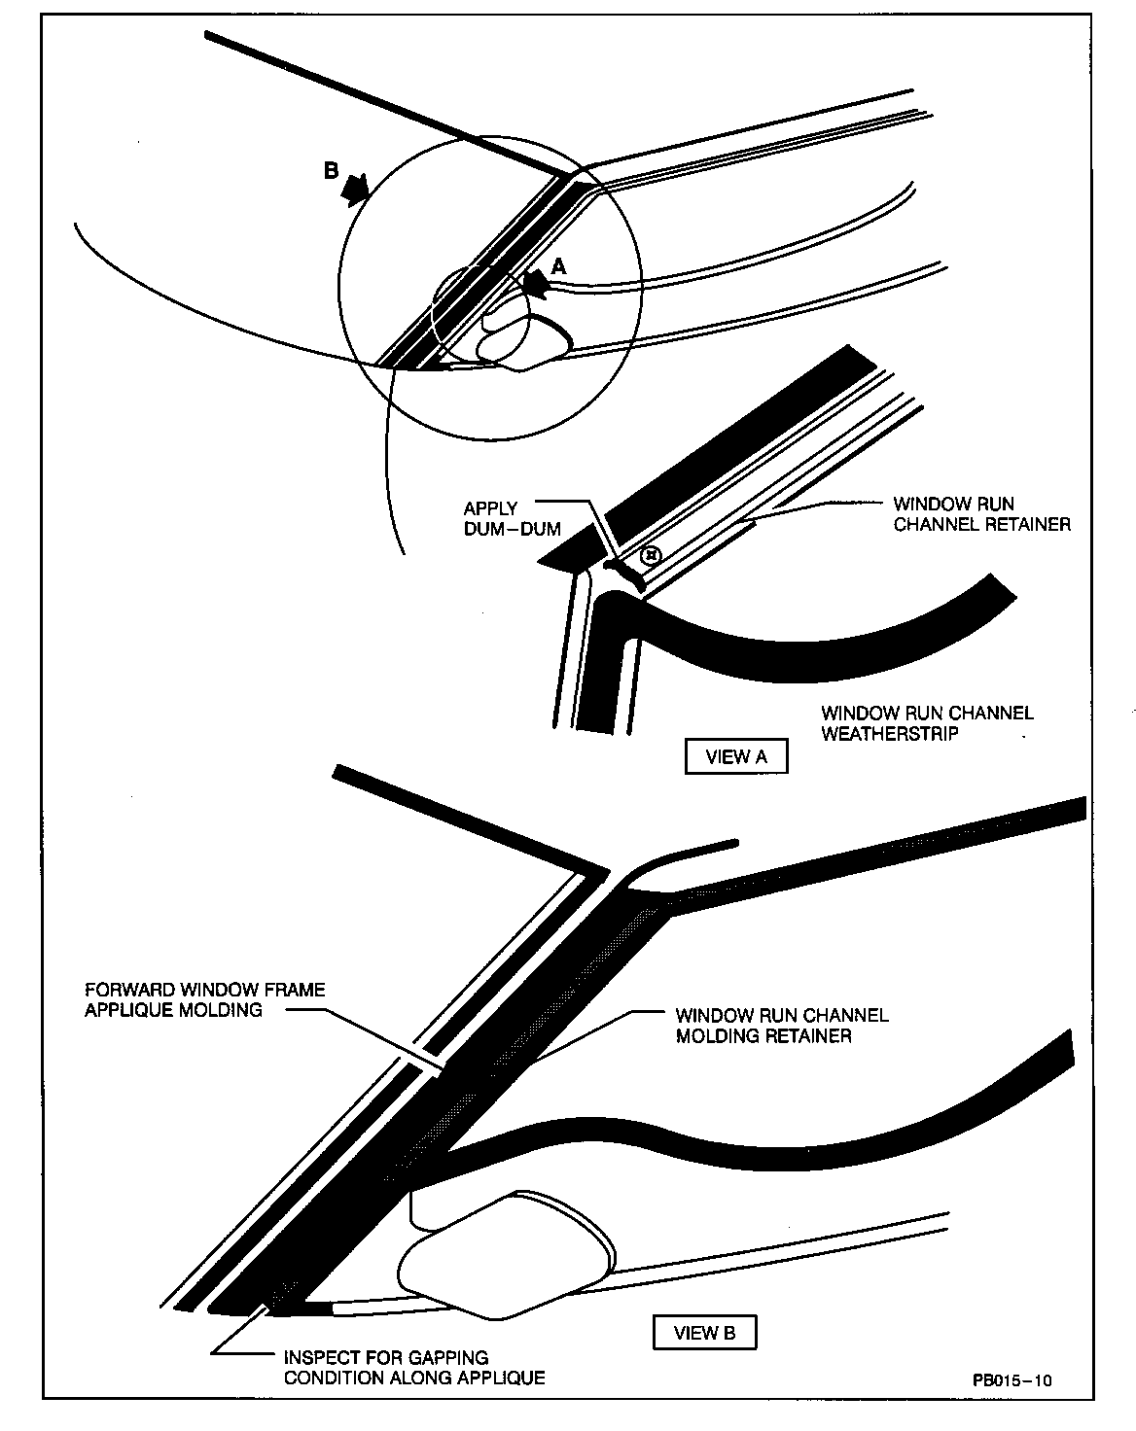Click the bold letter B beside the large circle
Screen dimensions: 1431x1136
click(331, 171)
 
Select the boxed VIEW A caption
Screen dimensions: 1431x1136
click(735, 756)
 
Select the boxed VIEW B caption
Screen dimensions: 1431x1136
click(704, 1332)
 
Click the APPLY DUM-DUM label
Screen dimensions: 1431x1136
click(512, 519)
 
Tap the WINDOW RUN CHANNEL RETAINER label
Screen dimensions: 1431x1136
click(981, 514)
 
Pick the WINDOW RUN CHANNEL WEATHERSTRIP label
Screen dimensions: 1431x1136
click(927, 723)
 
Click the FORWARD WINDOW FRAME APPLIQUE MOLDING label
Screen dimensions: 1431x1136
click(204, 999)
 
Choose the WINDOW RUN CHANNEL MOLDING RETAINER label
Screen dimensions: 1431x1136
click(782, 1026)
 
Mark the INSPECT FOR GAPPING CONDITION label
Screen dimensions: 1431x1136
click(413, 1367)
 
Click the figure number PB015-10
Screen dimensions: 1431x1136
click(1012, 1379)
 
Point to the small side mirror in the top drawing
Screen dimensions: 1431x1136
click(521, 339)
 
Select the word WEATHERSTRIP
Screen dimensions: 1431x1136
click(890, 734)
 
